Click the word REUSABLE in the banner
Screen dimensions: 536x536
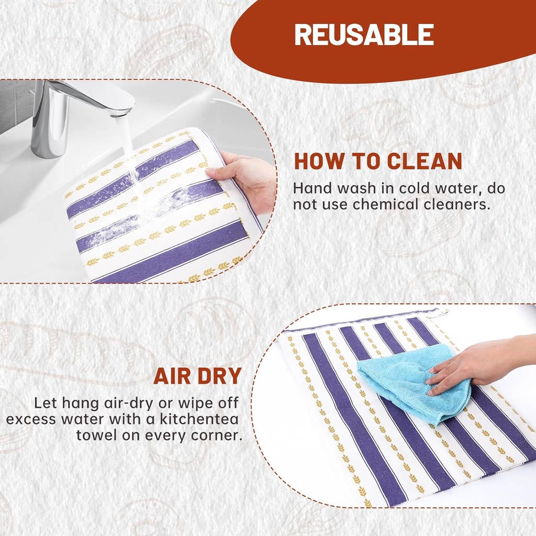pyautogui.click(x=364, y=35)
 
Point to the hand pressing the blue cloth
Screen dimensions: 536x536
pyautogui.click(x=478, y=366)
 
